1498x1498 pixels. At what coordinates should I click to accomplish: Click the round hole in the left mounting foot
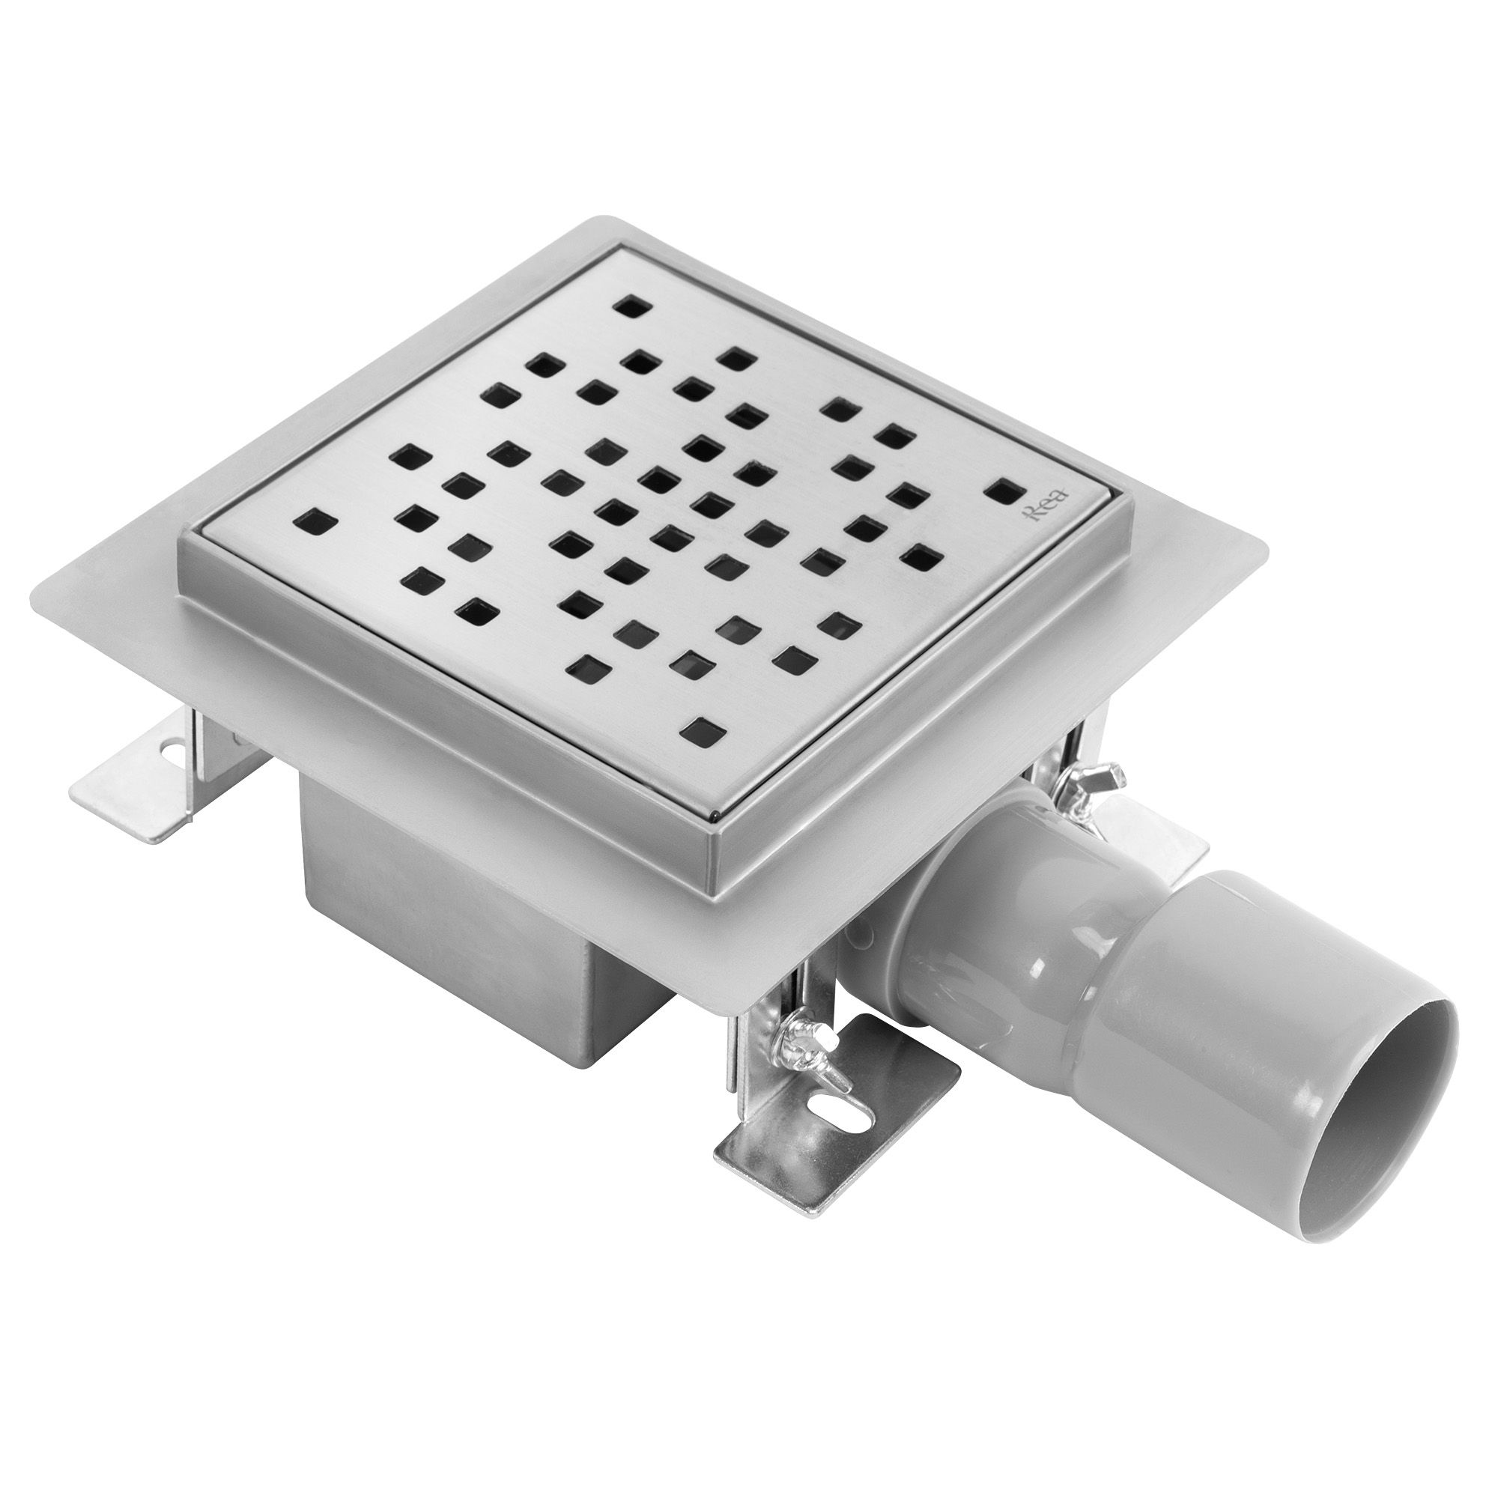(169, 750)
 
